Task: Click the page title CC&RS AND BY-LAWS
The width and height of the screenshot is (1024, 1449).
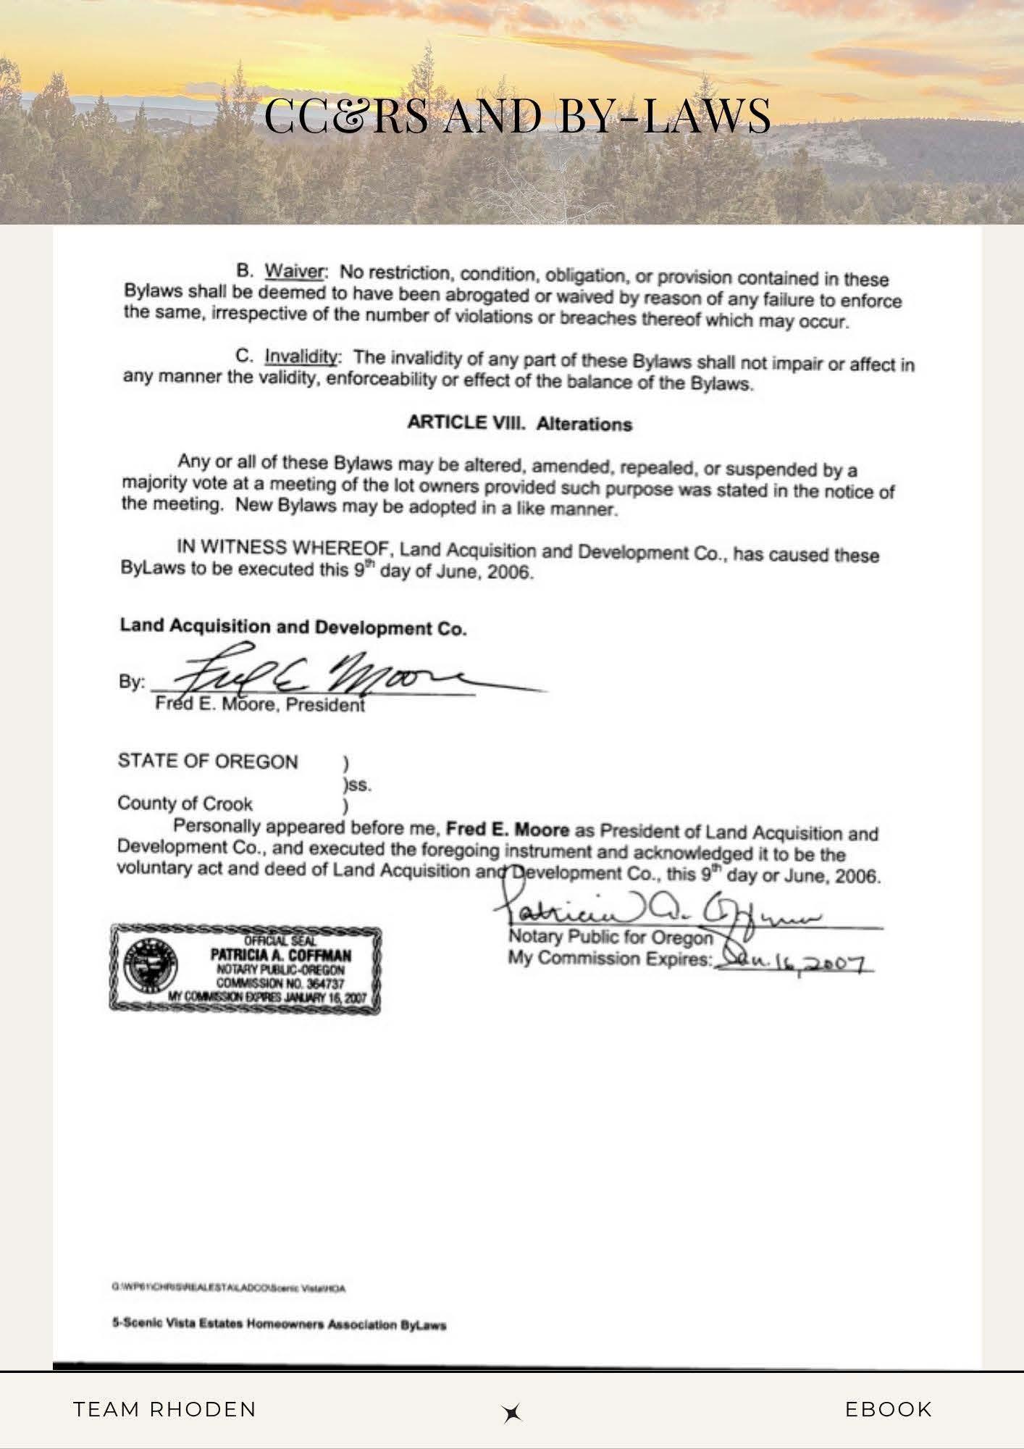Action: pyautogui.click(x=517, y=116)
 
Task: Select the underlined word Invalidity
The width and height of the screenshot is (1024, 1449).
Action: pyautogui.click(x=301, y=356)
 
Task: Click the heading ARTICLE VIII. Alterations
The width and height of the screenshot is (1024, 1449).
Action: pyautogui.click(x=519, y=424)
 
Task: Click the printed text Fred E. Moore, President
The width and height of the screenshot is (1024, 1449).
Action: pyautogui.click(x=259, y=704)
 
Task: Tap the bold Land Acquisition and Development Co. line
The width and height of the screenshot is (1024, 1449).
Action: pyautogui.click(x=293, y=627)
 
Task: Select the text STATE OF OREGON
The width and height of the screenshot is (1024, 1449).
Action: pyautogui.click(x=208, y=761)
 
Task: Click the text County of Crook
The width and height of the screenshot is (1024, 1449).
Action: pyautogui.click(x=185, y=803)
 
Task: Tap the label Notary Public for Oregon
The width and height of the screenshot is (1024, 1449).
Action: pyautogui.click(x=610, y=938)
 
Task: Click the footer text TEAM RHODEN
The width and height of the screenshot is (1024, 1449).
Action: pyautogui.click(x=165, y=1409)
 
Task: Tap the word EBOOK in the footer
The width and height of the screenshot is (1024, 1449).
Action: pyautogui.click(x=889, y=1409)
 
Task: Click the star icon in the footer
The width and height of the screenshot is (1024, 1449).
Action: pyautogui.click(x=512, y=1413)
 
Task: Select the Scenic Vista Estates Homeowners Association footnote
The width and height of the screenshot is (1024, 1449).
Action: pyautogui.click(x=279, y=1325)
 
